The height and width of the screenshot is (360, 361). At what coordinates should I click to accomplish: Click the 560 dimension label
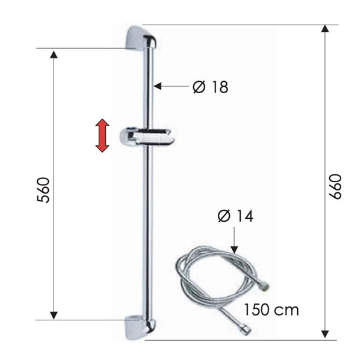43,190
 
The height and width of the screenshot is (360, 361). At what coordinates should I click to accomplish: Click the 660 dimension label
335,186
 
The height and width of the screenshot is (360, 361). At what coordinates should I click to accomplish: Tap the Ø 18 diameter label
211,87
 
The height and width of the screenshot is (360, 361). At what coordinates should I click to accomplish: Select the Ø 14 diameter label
235,216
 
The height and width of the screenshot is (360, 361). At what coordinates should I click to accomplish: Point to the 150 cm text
271,310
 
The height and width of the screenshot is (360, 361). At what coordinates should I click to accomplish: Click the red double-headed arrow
102,135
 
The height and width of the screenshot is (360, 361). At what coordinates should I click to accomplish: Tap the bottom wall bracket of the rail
140,328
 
